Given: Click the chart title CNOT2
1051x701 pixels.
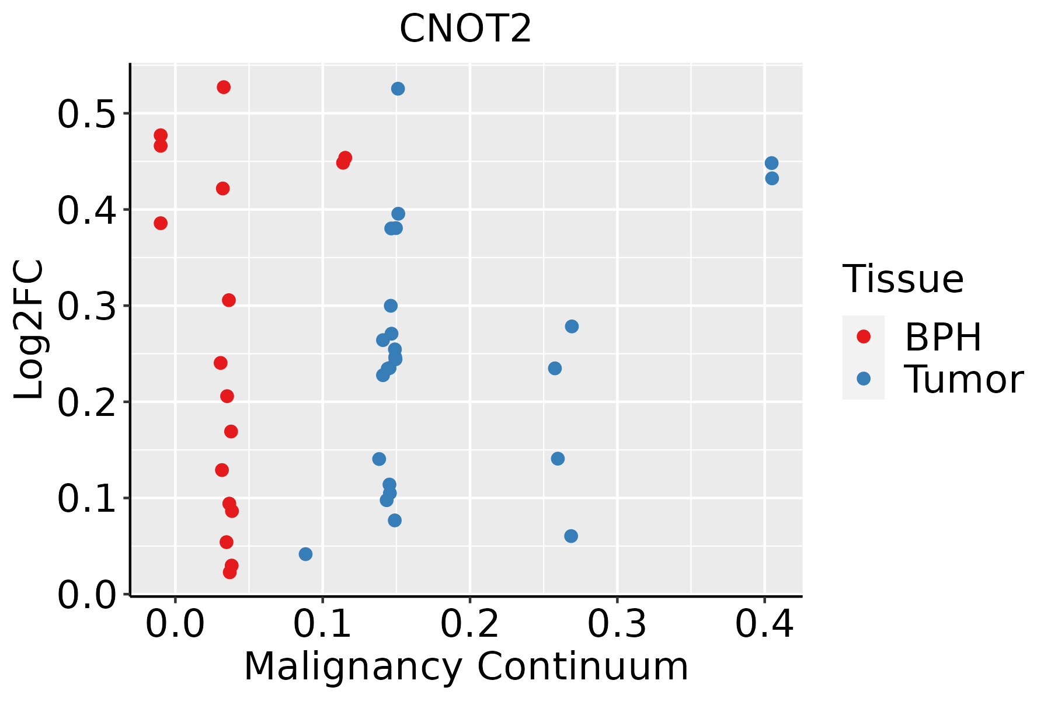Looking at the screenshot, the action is pyautogui.click(x=465, y=29).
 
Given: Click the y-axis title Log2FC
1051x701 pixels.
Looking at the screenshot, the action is pyautogui.click(x=29, y=330).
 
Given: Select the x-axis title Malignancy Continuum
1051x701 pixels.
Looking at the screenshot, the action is pyautogui.click(x=466, y=667).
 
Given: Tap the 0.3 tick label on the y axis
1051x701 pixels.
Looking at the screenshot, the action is pyautogui.click(x=86, y=307).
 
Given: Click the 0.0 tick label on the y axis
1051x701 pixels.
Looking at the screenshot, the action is pyautogui.click(x=86, y=595).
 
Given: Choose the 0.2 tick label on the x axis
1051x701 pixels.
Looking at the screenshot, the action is pyautogui.click(x=469, y=624).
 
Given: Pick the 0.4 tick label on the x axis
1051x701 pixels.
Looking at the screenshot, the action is pyautogui.click(x=764, y=624).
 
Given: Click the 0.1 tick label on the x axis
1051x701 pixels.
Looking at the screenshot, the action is pyautogui.click(x=322, y=624).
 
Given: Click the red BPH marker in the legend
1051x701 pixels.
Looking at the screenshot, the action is pyautogui.click(x=863, y=336).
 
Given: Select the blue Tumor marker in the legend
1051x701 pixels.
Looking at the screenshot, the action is pyautogui.click(x=863, y=379).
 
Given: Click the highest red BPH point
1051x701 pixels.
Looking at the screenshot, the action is pyautogui.click(x=224, y=87).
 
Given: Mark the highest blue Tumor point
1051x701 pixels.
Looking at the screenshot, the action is pyautogui.click(x=398, y=89).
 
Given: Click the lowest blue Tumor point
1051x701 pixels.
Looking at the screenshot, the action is pyautogui.click(x=305, y=554).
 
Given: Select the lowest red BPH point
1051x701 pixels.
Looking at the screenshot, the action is pyautogui.click(x=229, y=572).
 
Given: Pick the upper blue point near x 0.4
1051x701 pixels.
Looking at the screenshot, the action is pyautogui.click(x=771, y=163).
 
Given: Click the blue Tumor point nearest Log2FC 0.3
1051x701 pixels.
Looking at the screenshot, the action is pyautogui.click(x=391, y=306).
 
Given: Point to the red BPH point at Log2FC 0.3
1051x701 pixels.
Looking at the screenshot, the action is pyautogui.click(x=229, y=300).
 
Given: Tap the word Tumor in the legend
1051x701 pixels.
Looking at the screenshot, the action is pyautogui.click(x=964, y=380).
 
